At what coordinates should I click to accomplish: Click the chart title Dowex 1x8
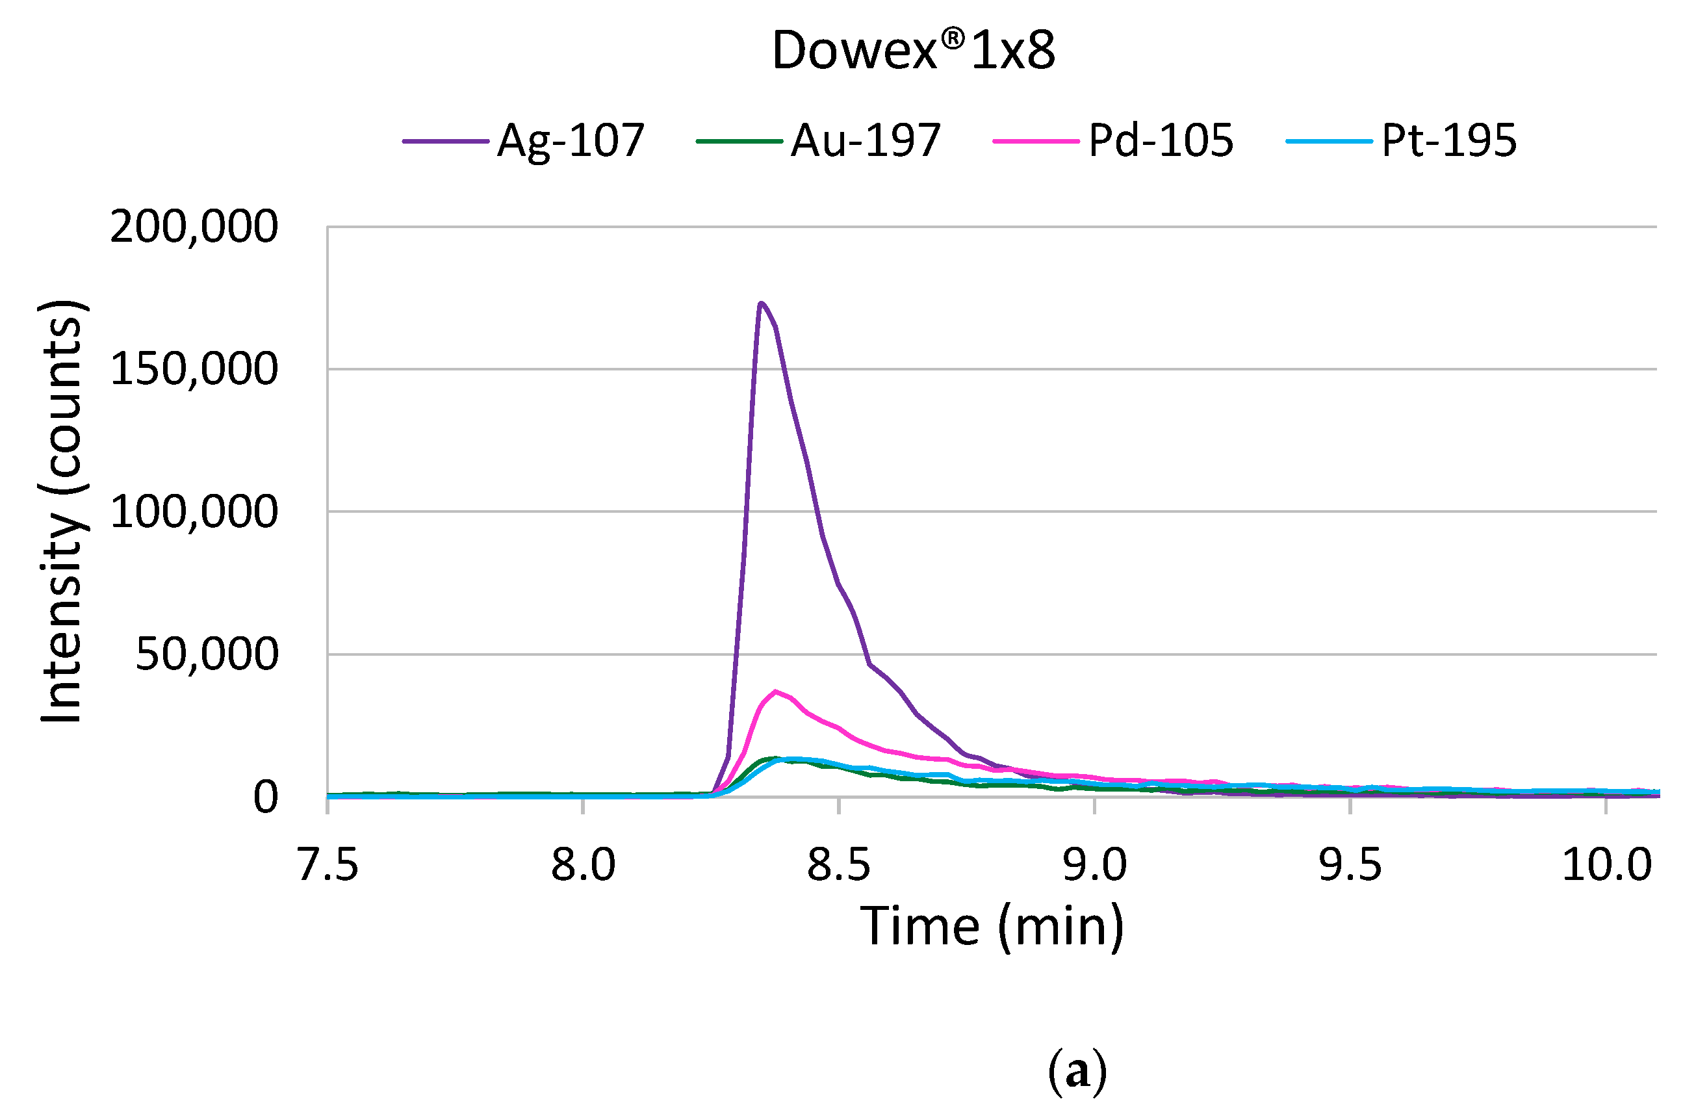[913, 51]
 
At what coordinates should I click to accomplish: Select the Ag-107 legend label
[571, 140]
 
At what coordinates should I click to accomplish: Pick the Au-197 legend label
[866, 140]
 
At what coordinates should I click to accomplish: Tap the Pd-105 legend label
[1161, 140]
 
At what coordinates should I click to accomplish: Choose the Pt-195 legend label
[1448, 140]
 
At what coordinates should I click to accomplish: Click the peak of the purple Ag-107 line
[761, 304]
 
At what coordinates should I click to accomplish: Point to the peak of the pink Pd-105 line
[775, 692]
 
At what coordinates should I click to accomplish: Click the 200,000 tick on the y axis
[194, 227]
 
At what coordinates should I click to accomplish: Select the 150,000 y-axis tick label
[194, 370]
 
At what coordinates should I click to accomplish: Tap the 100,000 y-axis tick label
[194, 513]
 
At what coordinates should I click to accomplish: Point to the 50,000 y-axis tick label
[207, 654]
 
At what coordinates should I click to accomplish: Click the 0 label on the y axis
[266, 797]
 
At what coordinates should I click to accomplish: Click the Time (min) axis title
[993, 927]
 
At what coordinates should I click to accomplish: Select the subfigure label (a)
[1077, 1071]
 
